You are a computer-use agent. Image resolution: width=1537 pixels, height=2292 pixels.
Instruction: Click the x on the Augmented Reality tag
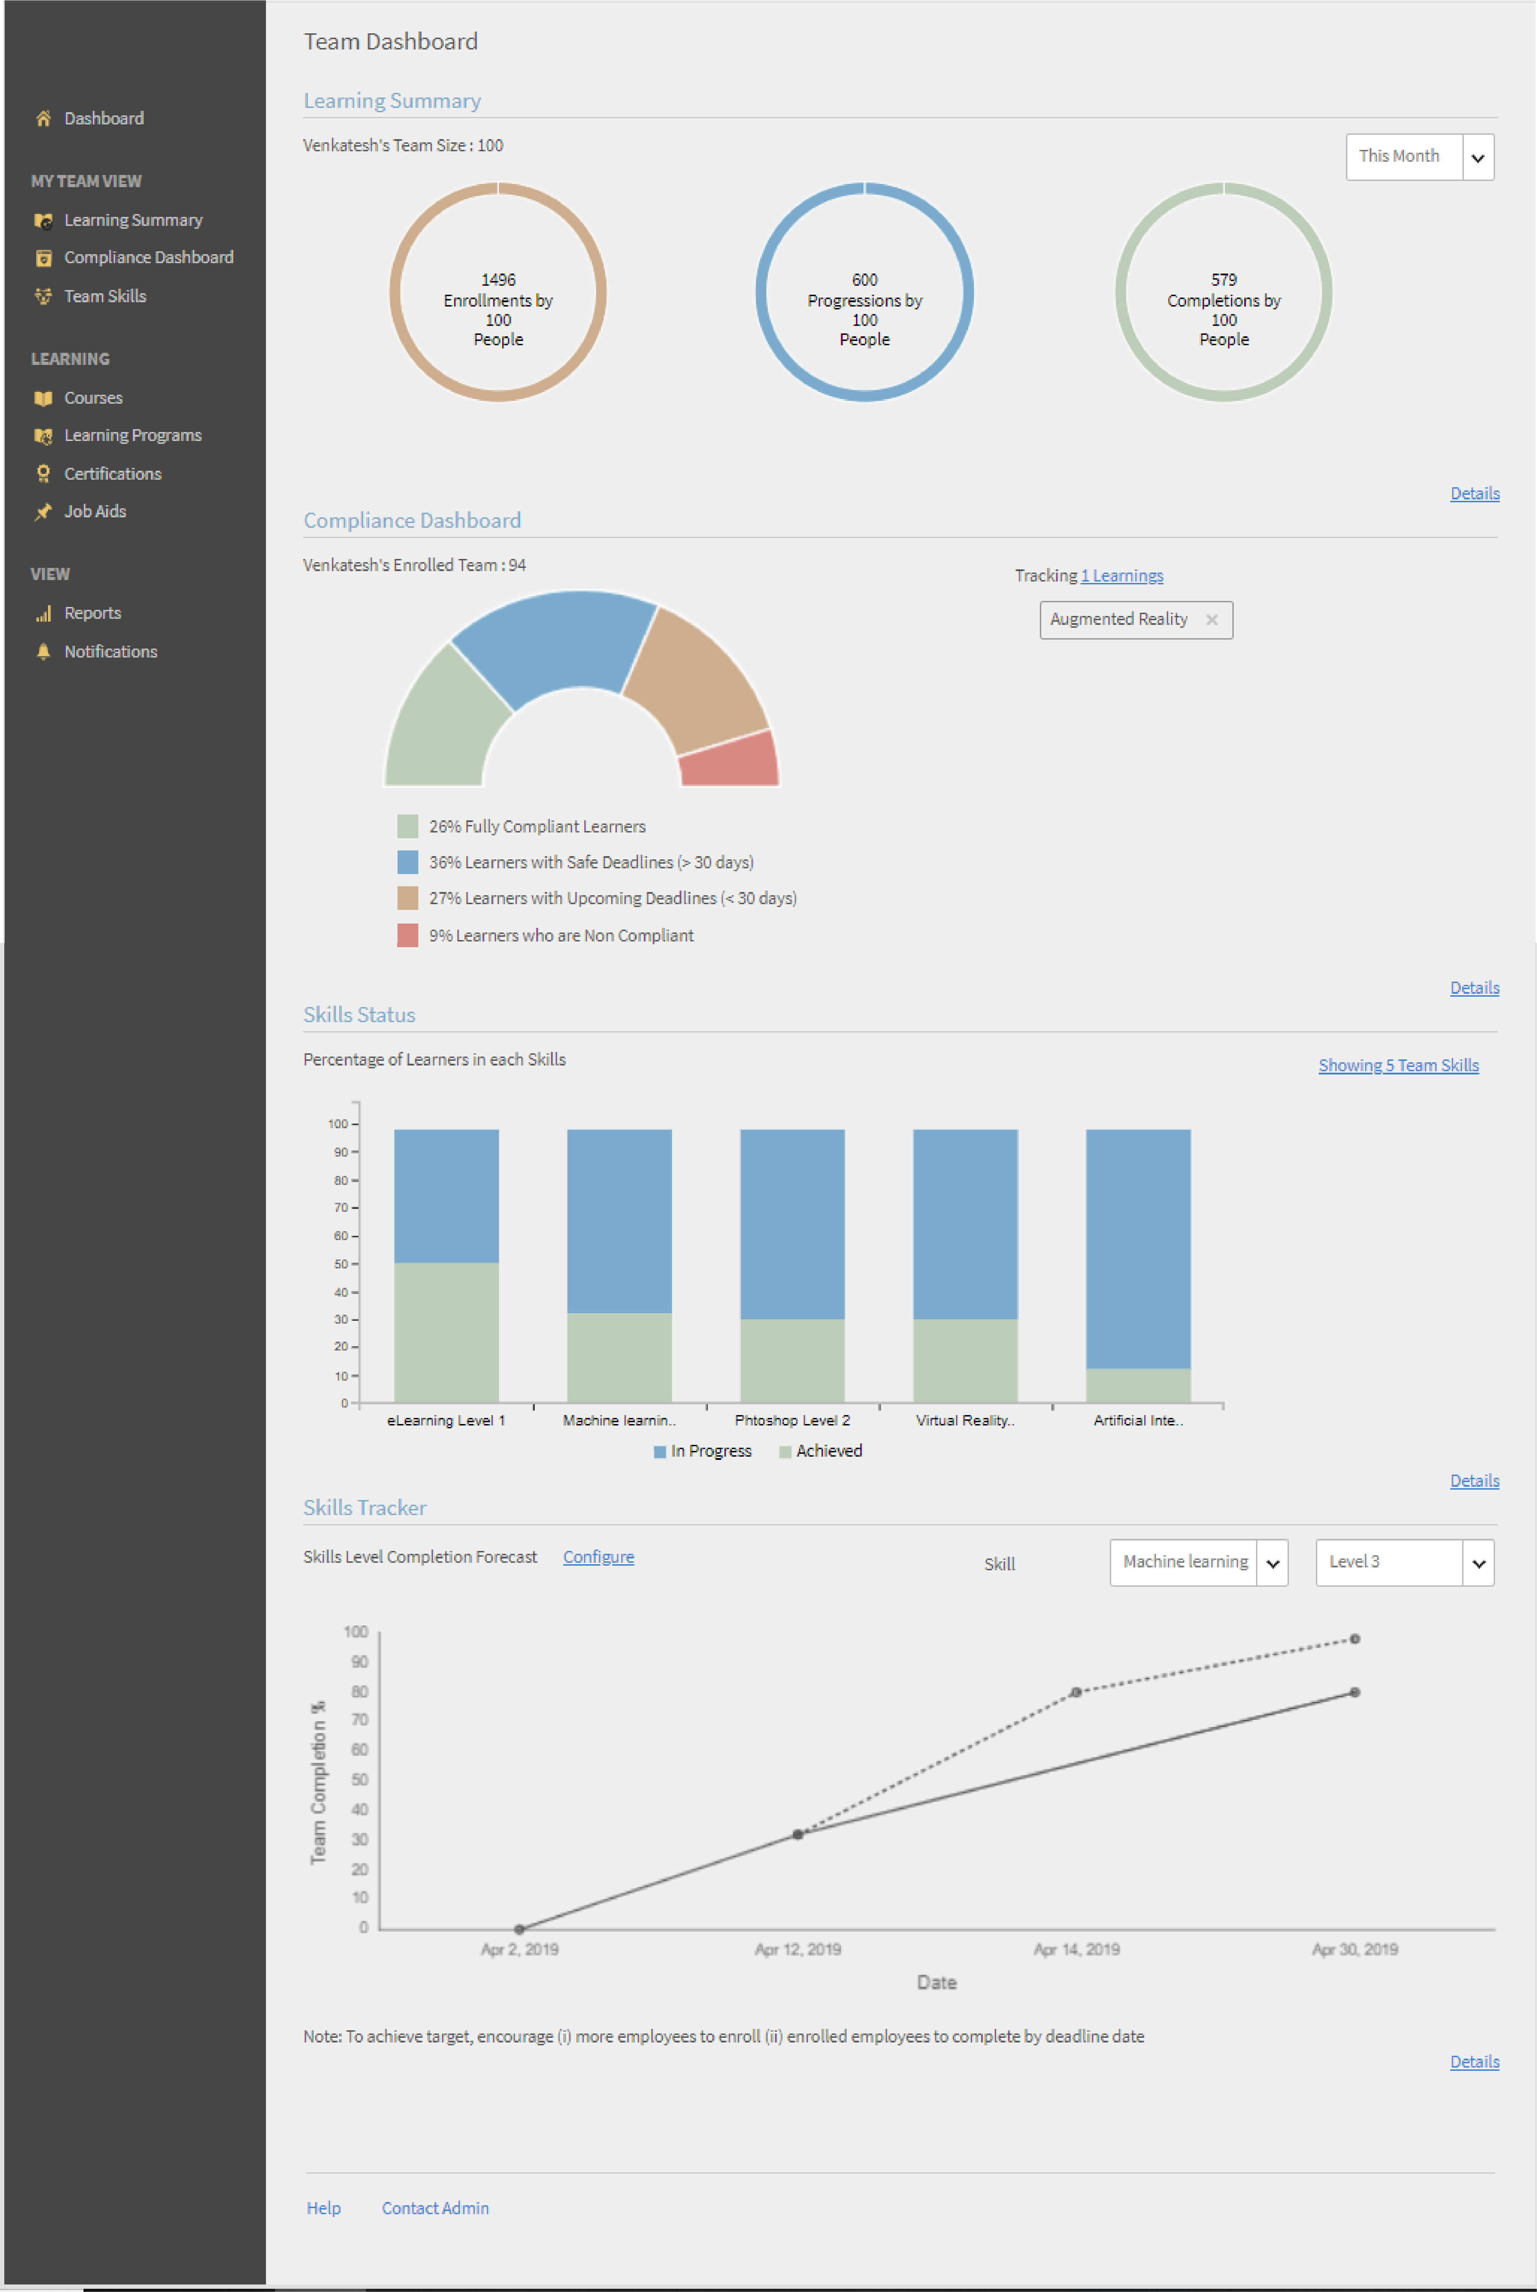[x=1212, y=620]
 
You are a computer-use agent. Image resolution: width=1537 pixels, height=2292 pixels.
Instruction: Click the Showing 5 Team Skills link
[x=1398, y=1066]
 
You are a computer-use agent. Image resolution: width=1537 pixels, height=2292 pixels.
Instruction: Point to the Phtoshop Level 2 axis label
[x=792, y=1420]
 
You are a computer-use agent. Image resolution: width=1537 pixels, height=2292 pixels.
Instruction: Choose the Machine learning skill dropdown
[x=1198, y=1563]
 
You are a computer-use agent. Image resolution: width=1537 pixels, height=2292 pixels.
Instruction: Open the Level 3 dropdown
[x=1404, y=1563]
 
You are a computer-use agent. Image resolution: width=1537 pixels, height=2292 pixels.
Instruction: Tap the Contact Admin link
[x=435, y=2208]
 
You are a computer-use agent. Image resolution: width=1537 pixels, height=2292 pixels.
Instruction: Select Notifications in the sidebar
[x=110, y=652]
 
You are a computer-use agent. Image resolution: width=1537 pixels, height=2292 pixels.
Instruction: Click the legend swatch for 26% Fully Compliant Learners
[x=408, y=826]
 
